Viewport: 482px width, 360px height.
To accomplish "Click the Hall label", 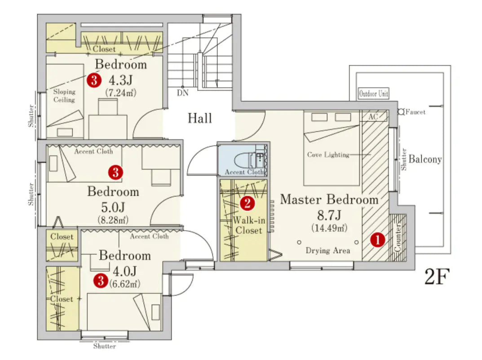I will [x=200, y=119].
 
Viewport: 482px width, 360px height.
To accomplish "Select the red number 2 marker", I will [x=247, y=204].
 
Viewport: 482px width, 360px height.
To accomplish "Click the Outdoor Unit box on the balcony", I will [x=374, y=94].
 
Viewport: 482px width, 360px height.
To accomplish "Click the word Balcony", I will [x=425, y=159].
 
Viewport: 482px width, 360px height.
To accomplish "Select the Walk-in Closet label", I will [x=247, y=225].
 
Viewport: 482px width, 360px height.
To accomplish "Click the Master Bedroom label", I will [x=329, y=200].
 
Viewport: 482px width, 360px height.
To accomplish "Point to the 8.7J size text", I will [x=329, y=215].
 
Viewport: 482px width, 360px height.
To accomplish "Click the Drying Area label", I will [x=328, y=251].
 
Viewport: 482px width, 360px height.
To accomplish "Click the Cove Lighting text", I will [x=328, y=155].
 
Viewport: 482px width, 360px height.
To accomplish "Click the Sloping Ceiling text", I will [x=64, y=96].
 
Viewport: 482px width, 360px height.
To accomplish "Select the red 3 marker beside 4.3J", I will [x=93, y=80].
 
